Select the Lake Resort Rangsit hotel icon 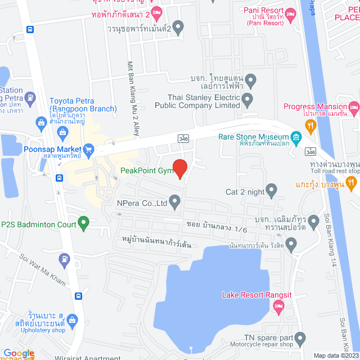[x=278, y=306]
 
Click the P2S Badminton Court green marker [x=83, y=224]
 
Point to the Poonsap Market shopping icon [x=88, y=150]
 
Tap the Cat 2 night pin [x=272, y=191]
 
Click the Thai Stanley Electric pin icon [x=247, y=101]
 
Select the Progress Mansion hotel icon [x=354, y=106]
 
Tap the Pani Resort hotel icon [x=290, y=14]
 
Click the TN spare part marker [x=300, y=339]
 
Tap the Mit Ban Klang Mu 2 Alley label [x=133, y=98]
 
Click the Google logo [x=19, y=353]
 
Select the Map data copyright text [x=335, y=355]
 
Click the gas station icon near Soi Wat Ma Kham [x=66, y=259]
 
